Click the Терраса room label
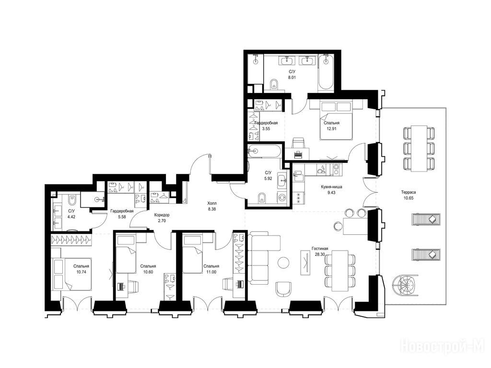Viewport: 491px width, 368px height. [x=409, y=192]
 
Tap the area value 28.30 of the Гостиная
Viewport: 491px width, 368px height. [x=320, y=254]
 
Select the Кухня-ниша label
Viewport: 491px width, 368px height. [x=331, y=187]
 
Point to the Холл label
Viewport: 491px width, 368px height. [x=211, y=203]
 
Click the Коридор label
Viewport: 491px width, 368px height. [x=162, y=215]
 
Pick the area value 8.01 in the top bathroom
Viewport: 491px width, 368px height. [x=292, y=77]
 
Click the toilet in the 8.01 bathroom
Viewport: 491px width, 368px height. [x=274, y=84]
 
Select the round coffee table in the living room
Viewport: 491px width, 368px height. [x=284, y=262]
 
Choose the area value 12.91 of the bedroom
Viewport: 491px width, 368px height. [x=331, y=128]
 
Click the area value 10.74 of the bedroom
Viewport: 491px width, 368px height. [x=81, y=272]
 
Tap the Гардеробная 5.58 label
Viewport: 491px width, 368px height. [x=122, y=214]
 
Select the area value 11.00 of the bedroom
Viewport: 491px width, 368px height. [x=211, y=272]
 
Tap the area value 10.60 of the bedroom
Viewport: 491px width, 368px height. [x=148, y=272]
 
